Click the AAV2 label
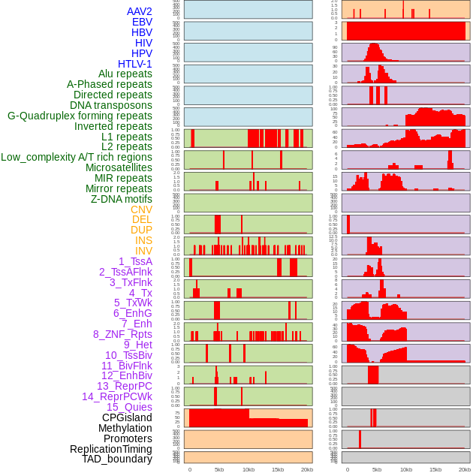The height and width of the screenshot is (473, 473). click(x=140, y=12)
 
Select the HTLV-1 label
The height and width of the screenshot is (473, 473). click(x=135, y=64)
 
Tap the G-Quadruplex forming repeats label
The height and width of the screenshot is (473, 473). click(x=80, y=116)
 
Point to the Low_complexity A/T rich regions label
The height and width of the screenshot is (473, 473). click(x=77, y=157)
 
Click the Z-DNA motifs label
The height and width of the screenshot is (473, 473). click(x=122, y=199)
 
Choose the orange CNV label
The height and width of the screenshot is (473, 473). click(x=141, y=209)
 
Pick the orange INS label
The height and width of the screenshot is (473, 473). click(x=143, y=240)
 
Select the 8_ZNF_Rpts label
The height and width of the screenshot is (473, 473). click(x=122, y=334)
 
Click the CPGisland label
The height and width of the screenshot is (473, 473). click(x=127, y=417)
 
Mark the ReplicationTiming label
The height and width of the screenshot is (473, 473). click(x=110, y=449)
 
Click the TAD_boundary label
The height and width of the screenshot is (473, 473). click(x=116, y=459)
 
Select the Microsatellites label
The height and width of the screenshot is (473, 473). click(x=119, y=167)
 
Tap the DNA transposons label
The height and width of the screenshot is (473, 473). click(x=111, y=105)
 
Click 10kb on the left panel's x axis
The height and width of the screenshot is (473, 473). click(x=249, y=469)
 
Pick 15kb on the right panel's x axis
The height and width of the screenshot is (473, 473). click(x=435, y=469)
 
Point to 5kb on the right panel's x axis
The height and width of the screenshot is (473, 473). click(x=377, y=469)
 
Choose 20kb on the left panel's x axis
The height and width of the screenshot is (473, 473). click(x=307, y=469)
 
